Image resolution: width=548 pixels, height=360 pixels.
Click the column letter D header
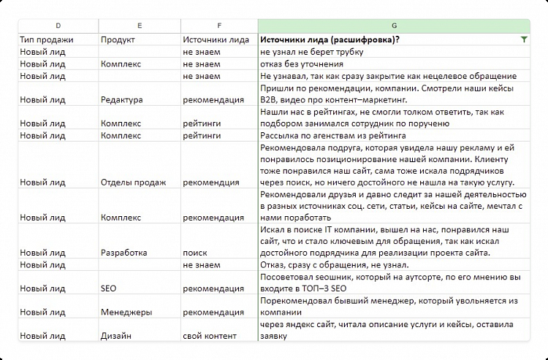pyautogui.click(x=58, y=26)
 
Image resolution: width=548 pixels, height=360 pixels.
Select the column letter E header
pyautogui.click(x=140, y=26)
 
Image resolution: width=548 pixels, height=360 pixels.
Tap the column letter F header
pyautogui.click(x=218, y=26)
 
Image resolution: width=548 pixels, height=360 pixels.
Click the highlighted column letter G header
pyautogui.click(x=394, y=26)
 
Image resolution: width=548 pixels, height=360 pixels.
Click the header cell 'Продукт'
pyautogui.click(x=119, y=39)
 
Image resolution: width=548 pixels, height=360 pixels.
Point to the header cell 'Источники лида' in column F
pyautogui.click(x=215, y=39)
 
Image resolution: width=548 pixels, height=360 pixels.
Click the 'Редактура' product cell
pyautogui.click(x=122, y=100)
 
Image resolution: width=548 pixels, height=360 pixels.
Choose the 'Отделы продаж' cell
pyautogui.click(x=134, y=182)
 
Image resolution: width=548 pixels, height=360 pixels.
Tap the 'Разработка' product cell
pyautogui.click(x=124, y=253)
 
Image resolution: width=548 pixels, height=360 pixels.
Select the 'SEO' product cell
pyautogui.click(x=109, y=288)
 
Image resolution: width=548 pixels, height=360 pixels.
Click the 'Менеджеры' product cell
pyautogui.click(x=126, y=312)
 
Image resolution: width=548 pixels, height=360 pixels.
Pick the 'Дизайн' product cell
pyautogui.click(x=117, y=336)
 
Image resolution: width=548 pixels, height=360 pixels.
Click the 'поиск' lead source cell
pyautogui.click(x=195, y=253)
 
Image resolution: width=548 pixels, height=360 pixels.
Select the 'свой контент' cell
pyautogui.click(x=210, y=336)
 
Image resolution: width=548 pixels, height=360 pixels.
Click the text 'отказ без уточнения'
pyautogui.click(x=302, y=64)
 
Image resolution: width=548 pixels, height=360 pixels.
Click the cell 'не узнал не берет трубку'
pyautogui.click(x=311, y=53)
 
